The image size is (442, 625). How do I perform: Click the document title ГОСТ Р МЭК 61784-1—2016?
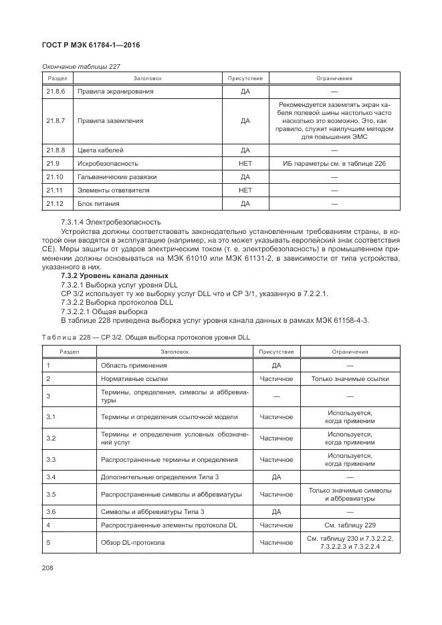90,45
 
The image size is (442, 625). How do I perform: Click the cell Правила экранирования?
115,91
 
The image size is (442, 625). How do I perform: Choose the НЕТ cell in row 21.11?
245,191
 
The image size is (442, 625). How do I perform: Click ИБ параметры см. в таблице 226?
334,163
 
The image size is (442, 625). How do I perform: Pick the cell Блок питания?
100,203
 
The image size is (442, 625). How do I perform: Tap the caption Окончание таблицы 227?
81,66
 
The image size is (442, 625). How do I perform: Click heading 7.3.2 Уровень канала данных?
114,276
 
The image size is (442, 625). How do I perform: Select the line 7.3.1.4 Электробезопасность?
110,222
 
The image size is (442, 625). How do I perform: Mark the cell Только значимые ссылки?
350,379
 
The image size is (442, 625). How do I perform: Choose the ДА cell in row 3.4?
276,477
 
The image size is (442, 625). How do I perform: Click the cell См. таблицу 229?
350,525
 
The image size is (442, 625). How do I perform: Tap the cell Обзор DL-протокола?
132,543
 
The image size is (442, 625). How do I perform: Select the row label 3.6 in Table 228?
51,511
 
